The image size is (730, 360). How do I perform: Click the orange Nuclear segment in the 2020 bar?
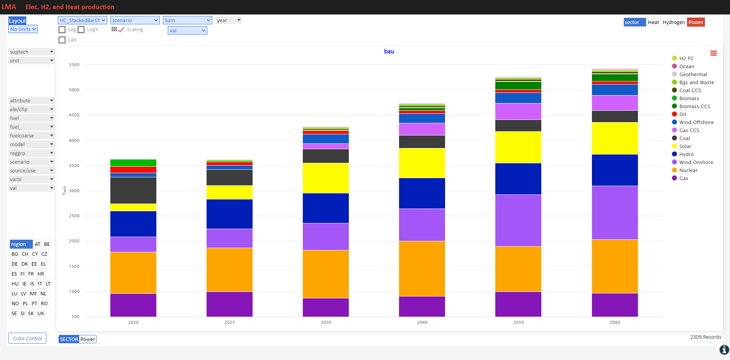133,273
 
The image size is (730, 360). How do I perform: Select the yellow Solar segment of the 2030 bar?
326,178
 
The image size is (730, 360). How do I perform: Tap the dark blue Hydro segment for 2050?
518,179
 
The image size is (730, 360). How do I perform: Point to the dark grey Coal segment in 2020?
133,190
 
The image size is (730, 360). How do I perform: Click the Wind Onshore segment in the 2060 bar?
615,213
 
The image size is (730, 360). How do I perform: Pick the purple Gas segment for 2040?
422,306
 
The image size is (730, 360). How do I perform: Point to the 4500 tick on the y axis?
74,115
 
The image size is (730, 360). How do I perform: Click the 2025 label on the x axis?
229,322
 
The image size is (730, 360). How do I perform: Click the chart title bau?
389,51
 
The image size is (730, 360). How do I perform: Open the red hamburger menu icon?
714,53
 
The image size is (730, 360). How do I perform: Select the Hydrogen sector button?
674,22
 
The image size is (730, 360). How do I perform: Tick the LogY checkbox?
81,30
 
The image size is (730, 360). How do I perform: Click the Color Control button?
27,338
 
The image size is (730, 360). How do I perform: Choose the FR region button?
31,274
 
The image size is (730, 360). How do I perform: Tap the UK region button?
41,313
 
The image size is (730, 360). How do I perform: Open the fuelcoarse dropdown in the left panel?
32,135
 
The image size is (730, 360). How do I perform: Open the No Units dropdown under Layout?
23,29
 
